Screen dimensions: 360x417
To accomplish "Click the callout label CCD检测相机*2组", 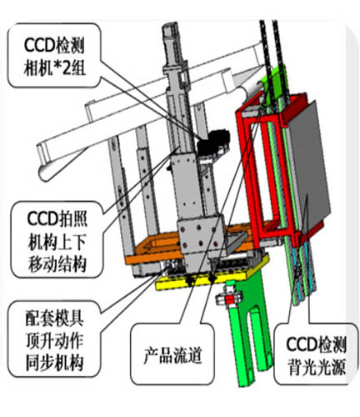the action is pos(54,56).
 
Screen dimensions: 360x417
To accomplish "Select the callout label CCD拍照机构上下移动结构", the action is pos(57,239).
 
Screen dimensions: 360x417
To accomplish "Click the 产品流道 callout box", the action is pos(172,354).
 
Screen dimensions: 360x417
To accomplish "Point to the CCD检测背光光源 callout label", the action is pos(316,354).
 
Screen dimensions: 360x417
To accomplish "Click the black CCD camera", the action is pos(212,143).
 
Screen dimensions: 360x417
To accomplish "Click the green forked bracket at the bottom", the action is pos(247,328).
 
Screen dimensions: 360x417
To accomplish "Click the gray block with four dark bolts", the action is pos(199,234).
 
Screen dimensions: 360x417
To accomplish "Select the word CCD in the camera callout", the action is pos(39,45).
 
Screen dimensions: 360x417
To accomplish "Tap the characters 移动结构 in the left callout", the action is pos(57,264).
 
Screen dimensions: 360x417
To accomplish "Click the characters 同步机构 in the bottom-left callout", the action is pos(54,363).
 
